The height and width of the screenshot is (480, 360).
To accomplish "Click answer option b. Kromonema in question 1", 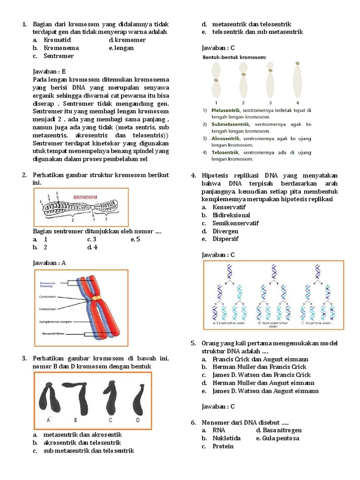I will tap(61, 48).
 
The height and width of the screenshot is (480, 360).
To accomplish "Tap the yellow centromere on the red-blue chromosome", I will tap(96, 298).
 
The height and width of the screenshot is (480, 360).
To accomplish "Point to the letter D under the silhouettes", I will tap(138, 420).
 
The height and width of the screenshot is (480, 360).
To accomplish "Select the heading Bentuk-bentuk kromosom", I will tap(234, 57).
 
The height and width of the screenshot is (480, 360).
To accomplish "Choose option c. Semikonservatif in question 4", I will tap(235, 223).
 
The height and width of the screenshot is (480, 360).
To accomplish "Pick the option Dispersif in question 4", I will tap(225, 239).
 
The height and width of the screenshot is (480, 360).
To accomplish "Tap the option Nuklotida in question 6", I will tap(226, 438).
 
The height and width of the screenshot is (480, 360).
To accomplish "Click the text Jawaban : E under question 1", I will tap(52, 72).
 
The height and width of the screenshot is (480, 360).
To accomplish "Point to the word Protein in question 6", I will tap(223, 446).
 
